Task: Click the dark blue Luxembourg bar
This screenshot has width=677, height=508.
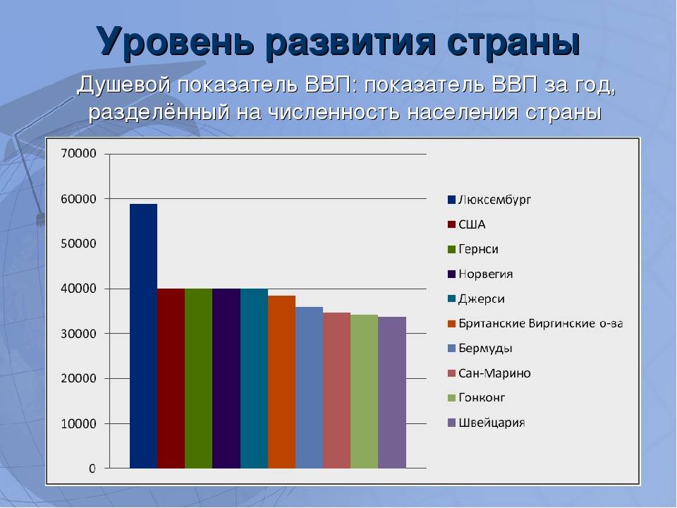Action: pyautogui.click(x=143, y=336)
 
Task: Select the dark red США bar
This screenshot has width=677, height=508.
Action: pyautogui.click(x=171, y=378)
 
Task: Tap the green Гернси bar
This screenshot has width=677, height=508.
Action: pyautogui.click(x=199, y=378)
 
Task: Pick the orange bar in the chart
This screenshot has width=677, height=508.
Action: pyautogui.click(x=281, y=382)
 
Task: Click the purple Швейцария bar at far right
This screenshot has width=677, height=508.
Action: pyautogui.click(x=392, y=393)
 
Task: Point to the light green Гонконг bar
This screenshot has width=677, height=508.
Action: pyautogui.click(x=365, y=392)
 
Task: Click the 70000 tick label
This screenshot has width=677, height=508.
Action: pyautogui.click(x=78, y=153)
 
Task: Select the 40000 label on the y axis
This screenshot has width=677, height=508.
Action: pyautogui.click(x=78, y=289)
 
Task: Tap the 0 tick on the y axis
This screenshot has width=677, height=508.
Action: pyautogui.click(x=92, y=468)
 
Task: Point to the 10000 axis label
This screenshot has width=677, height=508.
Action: pyautogui.click(x=78, y=424)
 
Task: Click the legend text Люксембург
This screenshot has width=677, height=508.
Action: pyautogui.click(x=495, y=200)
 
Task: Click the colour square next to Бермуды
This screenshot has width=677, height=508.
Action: pyautogui.click(x=451, y=348)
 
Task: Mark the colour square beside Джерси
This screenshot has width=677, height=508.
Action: pyautogui.click(x=451, y=298)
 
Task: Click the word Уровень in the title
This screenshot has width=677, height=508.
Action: pyautogui.click(x=174, y=42)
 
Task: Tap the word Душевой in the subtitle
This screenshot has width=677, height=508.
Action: pyautogui.click(x=124, y=85)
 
